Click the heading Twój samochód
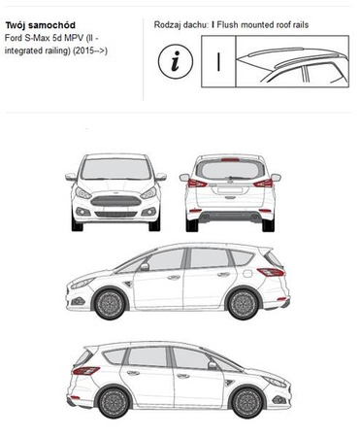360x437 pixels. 41,25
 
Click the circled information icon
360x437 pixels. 176,61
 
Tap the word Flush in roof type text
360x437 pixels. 228,25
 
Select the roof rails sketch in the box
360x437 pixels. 292,65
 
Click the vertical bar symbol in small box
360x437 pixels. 218,61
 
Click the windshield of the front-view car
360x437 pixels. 116,169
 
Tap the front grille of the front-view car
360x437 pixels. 115,201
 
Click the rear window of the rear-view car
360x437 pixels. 230,170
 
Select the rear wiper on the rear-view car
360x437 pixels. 240,178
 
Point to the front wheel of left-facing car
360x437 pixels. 110,304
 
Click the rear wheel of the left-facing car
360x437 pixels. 244,304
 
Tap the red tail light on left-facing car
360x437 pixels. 271,272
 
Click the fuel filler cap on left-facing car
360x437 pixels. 247,274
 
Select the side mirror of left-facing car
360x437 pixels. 145,267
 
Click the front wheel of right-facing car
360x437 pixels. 247,402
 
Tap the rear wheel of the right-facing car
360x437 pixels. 114,402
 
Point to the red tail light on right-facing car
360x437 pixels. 85,371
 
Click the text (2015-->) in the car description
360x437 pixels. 90,50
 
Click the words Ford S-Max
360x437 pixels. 26,38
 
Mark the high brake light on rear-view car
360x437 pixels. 230,159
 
